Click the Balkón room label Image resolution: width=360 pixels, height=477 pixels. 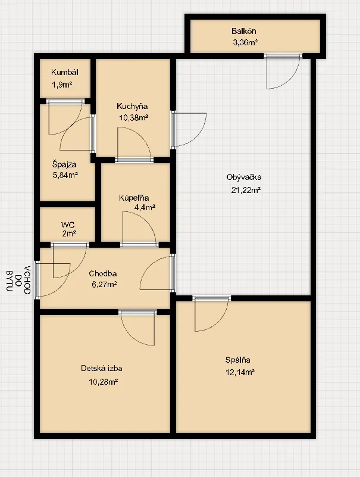(x=243, y=31)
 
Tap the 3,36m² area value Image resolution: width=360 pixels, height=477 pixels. (x=245, y=42)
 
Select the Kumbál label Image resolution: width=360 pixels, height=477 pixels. (x=65, y=73)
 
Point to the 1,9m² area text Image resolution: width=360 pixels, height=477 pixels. (x=62, y=85)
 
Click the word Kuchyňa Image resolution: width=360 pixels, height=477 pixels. (x=132, y=107)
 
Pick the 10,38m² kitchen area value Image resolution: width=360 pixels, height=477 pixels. (x=134, y=117)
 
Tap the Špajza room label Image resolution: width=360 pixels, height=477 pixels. (x=64, y=165)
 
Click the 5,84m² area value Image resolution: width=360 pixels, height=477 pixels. (x=65, y=175)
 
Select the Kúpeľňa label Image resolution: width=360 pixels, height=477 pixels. (x=134, y=198)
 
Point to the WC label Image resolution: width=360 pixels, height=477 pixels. (x=68, y=225)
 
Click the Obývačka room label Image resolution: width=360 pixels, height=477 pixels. (x=244, y=177)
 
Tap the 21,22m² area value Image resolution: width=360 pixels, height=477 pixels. (x=246, y=190)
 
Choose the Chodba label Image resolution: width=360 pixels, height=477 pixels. (x=103, y=273)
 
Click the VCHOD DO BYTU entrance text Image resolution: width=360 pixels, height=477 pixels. (x=18, y=280)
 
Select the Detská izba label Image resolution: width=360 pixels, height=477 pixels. (x=102, y=369)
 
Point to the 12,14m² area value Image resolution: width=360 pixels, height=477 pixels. (x=240, y=372)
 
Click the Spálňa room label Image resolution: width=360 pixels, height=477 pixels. (x=238, y=360)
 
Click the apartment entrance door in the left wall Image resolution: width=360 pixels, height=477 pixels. (x=37, y=280)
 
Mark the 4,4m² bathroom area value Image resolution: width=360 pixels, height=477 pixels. (x=145, y=208)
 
